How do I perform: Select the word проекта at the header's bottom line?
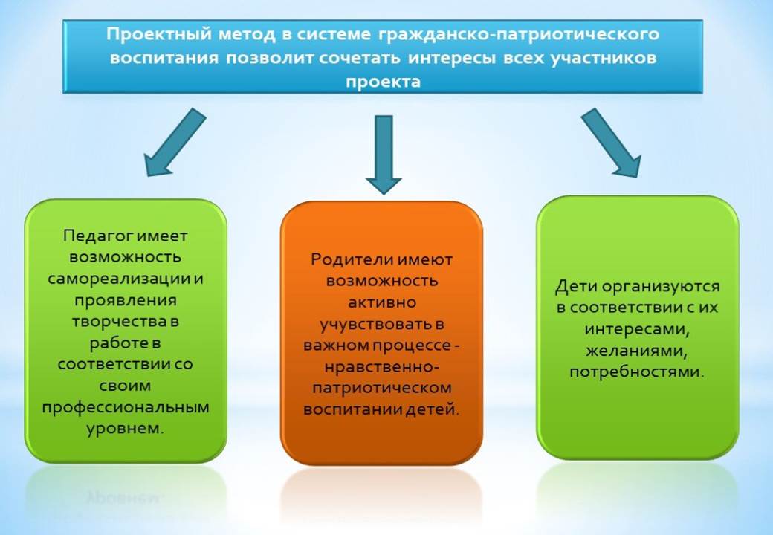tap(383, 81)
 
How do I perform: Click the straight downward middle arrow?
tap(384, 155)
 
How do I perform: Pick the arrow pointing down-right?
tap(611, 143)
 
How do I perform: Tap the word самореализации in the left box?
tap(119, 279)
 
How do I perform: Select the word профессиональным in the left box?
tap(126, 408)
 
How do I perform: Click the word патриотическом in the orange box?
tap(382, 388)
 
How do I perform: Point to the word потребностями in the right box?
tap(636, 372)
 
